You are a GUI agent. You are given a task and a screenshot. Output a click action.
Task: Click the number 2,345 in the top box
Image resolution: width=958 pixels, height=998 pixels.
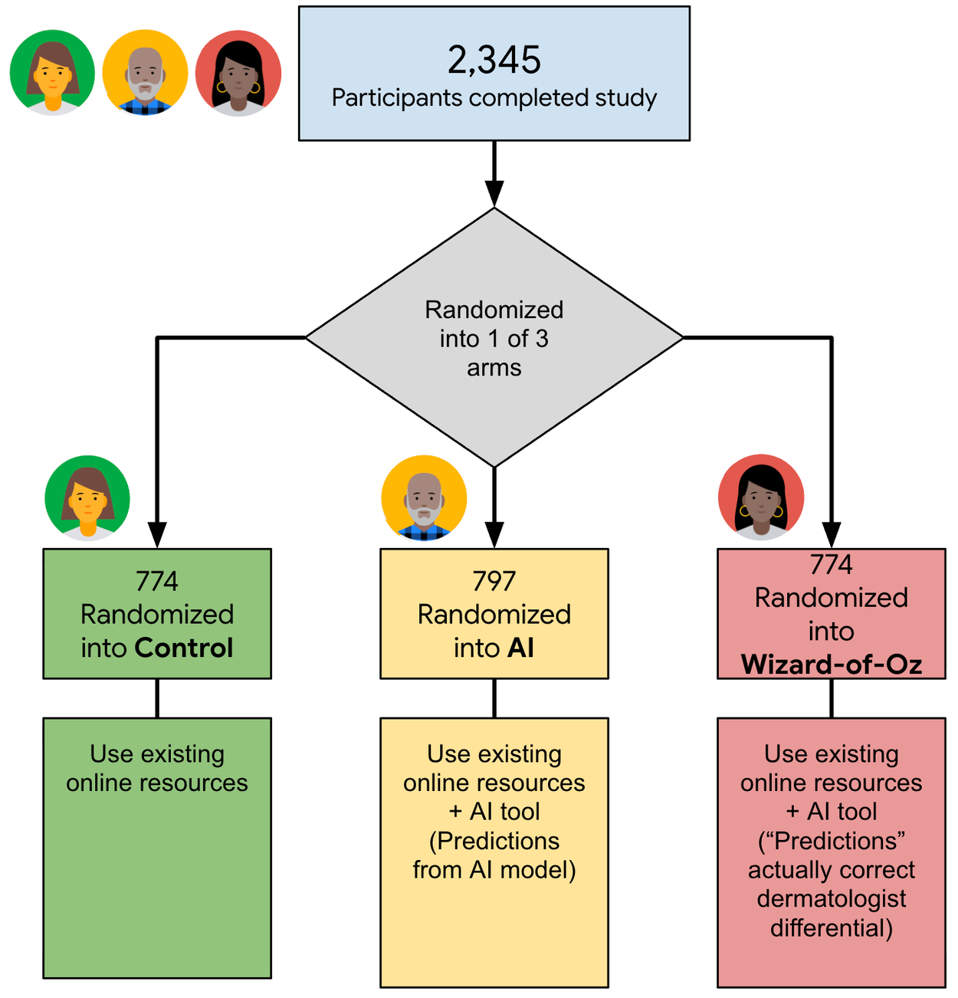point(494,60)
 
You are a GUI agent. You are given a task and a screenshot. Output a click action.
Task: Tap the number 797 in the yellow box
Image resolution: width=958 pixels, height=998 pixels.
point(494,580)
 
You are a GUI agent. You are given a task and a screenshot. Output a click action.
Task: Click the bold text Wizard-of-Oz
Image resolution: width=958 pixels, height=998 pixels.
point(832,664)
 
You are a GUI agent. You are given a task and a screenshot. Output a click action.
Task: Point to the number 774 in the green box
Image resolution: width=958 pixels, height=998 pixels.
point(157,580)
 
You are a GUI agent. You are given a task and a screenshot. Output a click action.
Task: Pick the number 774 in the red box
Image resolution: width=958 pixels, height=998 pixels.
point(832,564)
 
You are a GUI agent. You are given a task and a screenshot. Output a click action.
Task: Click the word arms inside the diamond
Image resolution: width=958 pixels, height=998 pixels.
point(494,368)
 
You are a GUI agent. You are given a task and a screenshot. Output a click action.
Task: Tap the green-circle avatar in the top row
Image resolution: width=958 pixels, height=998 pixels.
point(52,72)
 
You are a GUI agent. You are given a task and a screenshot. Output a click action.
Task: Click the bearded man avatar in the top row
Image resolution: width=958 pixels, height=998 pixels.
point(145,72)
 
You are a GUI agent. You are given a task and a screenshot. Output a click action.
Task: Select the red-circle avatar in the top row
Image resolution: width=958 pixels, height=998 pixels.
point(238,73)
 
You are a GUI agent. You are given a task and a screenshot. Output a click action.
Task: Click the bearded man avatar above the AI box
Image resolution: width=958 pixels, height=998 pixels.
point(424,498)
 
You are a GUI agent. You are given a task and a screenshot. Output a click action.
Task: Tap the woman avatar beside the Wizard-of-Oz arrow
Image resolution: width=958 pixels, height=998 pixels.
point(761,497)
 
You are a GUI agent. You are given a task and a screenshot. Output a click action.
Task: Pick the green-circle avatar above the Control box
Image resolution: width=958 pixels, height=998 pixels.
point(87,498)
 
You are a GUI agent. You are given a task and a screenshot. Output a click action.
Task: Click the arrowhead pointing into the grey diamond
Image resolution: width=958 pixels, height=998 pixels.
point(494,194)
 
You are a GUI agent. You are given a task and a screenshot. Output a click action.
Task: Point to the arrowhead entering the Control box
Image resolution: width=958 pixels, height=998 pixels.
point(157,535)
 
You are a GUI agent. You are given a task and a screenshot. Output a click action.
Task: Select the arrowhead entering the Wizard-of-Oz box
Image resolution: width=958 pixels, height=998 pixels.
point(832,535)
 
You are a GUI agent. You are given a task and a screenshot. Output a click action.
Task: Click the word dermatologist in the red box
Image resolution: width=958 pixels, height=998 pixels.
point(832,898)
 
